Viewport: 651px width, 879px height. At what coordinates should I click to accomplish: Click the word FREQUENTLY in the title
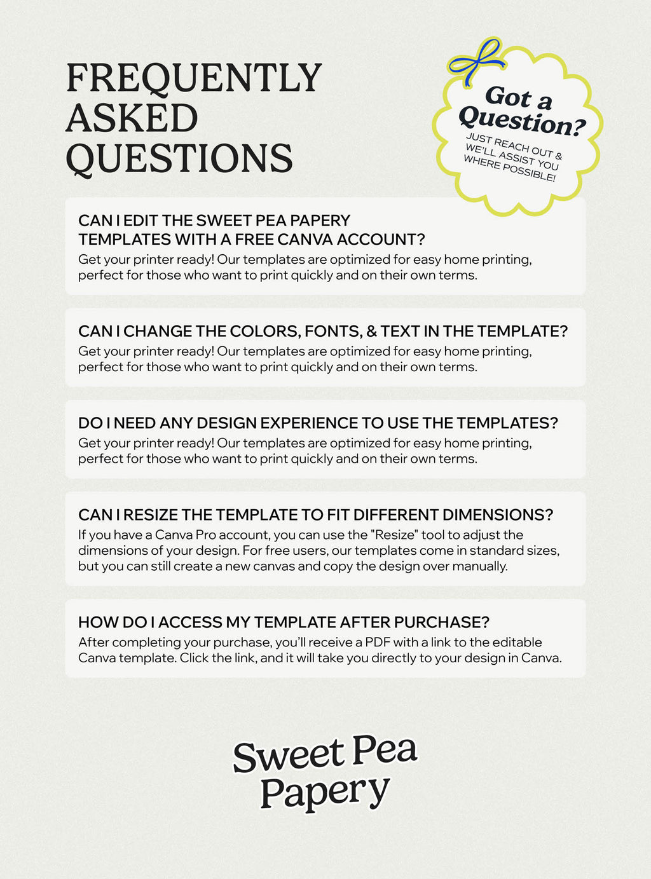click(x=194, y=78)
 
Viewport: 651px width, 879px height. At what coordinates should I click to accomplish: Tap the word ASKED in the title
click(x=132, y=119)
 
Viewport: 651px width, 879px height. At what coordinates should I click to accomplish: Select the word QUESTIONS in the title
click(x=179, y=159)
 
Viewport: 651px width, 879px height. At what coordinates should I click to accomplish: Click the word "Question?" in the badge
click(x=521, y=121)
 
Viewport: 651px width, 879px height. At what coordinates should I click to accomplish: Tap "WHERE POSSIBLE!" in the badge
click(x=509, y=168)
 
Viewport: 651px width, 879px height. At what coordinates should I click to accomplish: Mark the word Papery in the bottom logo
click(x=324, y=791)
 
